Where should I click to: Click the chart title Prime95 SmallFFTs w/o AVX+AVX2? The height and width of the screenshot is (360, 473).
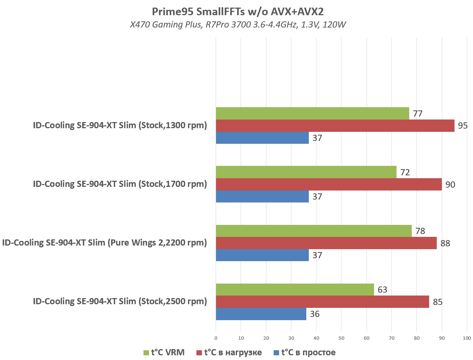(237, 12)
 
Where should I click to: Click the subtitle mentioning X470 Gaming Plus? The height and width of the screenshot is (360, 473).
(237, 25)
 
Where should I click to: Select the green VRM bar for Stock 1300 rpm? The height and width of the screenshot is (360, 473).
(312, 113)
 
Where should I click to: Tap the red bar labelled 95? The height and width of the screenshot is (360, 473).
(335, 126)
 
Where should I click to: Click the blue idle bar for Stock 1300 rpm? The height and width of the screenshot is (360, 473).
(262, 138)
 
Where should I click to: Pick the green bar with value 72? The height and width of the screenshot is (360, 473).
(306, 172)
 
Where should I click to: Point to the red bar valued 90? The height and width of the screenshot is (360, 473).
(329, 184)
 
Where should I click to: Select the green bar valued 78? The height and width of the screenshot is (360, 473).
(314, 231)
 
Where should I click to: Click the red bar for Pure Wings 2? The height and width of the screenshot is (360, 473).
(326, 243)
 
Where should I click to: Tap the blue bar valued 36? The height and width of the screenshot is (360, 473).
(261, 314)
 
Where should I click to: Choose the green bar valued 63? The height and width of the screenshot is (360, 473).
(295, 289)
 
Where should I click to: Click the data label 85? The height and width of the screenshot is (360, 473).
(437, 302)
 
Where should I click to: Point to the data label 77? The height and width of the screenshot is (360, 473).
(418, 114)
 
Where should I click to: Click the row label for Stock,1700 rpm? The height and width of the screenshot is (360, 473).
(120, 184)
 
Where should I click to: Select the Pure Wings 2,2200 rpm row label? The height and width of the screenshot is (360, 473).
(104, 243)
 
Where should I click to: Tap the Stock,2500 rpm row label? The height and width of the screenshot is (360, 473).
(120, 301)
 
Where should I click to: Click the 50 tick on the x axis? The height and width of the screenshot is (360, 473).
(341, 338)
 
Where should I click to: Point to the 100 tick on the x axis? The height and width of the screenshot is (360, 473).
(467, 338)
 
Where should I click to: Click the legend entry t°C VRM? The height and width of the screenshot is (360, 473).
(164, 352)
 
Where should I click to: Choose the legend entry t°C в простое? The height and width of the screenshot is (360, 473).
(304, 352)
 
